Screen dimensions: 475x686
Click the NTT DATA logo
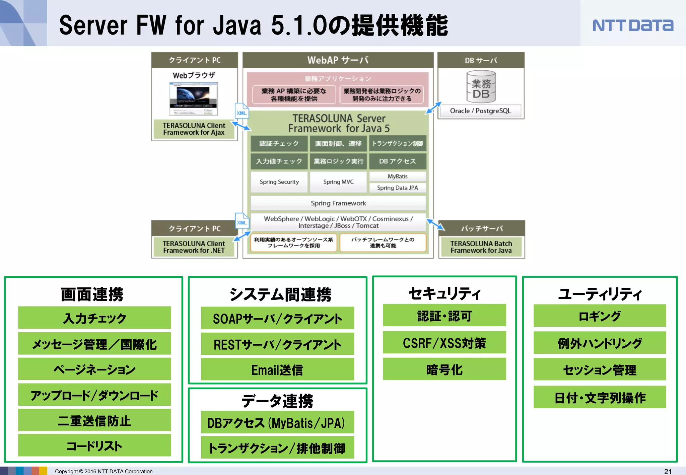pyautogui.click(x=632, y=25)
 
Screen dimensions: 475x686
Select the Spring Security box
pyautogui.click(x=279, y=182)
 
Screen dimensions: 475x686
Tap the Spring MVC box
pyautogui.click(x=338, y=182)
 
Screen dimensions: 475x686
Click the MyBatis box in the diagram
pyautogui.click(x=398, y=176)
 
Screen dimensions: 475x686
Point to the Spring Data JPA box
pyautogui.click(x=398, y=188)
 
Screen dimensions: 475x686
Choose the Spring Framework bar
pyautogui.click(x=338, y=203)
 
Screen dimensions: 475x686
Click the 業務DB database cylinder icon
pyautogui.click(x=481, y=86)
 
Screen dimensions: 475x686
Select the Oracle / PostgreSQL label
pyautogui.click(x=480, y=111)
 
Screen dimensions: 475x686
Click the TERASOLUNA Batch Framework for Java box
pyautogui.click(x=481, y=247)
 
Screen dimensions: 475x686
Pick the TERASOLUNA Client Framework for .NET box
pyautogui.click(x=194, y=247)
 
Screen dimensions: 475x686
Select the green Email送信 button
pyautogui.click(x=277, y=370)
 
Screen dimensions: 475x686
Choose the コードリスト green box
pyautogui.click(x=94, y=446)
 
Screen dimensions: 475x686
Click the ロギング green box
pyautogui.click(x=600, y=316)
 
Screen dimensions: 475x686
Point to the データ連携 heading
pyautogui.click(x=277, y=401)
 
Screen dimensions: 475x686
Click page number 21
pyautogui.click(x=668, y=471)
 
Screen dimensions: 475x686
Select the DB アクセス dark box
pyautogui.click(x=398, y=161)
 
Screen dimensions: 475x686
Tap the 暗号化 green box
pyautogui.click(x=444, y=369)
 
